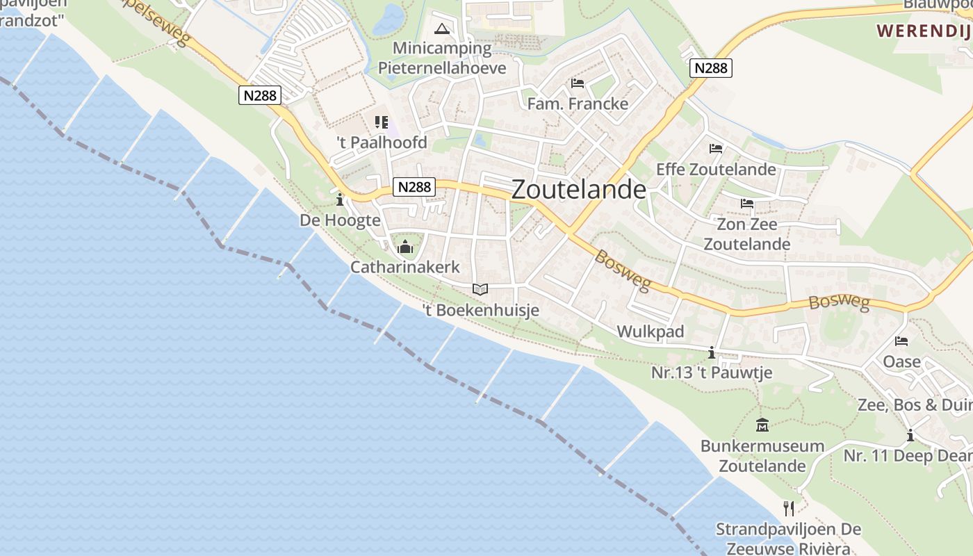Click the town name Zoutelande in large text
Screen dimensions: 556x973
578,190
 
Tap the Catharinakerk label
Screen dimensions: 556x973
405,267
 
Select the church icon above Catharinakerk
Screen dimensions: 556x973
405,247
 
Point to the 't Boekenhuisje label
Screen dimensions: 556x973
481,310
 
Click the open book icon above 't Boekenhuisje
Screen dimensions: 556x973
480,289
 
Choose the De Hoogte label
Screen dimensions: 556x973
340,220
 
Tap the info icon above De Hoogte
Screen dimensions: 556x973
340,201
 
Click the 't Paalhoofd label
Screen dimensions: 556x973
382,142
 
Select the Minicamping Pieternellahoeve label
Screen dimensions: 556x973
442,58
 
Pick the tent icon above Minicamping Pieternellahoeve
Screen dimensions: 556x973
442,29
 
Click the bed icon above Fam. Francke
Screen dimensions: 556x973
578,83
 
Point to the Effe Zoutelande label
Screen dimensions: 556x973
716,169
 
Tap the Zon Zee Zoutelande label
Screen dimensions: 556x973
747,234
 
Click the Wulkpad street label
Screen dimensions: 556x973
651,332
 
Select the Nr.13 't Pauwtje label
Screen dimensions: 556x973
712,373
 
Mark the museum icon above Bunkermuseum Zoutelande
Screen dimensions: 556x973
762,425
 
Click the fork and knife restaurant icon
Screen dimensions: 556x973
789,509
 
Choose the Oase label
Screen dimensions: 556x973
901,361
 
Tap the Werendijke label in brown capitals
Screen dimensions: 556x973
924,31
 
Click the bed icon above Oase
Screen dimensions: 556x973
901,341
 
